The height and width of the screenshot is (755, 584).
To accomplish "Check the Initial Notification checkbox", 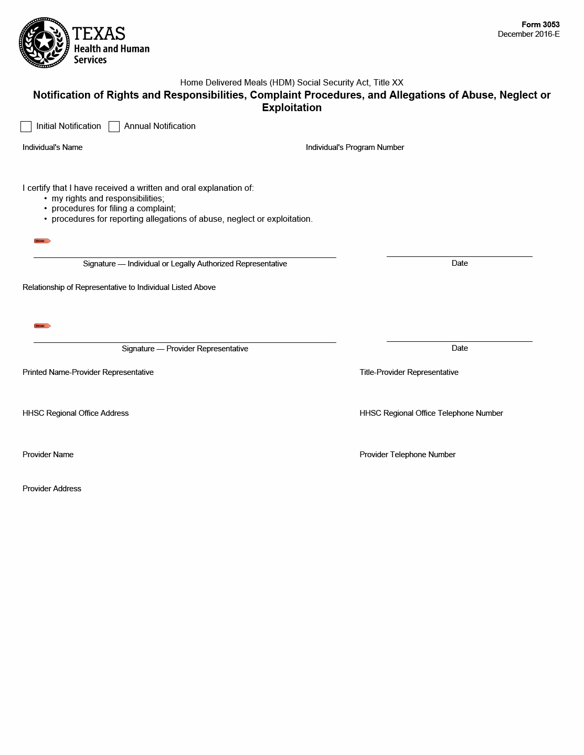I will (x=26, y=126).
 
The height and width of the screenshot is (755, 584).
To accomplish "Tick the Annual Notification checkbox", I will (x=114, y=126).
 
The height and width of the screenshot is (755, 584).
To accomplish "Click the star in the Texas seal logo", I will (x=44, y=42).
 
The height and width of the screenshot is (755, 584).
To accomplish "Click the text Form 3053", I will (x=540, y=25).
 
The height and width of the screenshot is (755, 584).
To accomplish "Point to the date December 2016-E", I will (x=528, y=34).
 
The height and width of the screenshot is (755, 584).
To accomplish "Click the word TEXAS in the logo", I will (x=99, y=34).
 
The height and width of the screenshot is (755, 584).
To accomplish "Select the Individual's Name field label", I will (x=52, y=147).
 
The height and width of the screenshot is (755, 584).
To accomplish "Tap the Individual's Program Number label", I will (x=355, y=147).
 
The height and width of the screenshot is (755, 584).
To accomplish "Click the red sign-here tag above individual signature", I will (x=42, y=241).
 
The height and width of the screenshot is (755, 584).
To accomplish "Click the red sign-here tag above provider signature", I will (x=42, y=326).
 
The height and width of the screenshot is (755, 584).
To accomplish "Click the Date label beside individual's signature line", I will (x=460, y=263).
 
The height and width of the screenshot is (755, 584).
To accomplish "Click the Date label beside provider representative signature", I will (x=460, y=348).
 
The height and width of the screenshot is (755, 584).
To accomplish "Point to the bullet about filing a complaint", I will (x=113, y=209).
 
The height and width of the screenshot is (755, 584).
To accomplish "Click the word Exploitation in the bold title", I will (x=292, y=107).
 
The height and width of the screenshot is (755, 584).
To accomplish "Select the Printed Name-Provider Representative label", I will (x=88, y=372).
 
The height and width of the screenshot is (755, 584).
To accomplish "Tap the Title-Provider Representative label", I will (x=409, y=372).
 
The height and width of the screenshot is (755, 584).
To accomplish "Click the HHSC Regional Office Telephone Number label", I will (x=431, y=413).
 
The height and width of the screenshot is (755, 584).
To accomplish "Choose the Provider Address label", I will (x=52, y=489).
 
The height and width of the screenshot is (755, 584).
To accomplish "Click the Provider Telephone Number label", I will (x=407, y=455).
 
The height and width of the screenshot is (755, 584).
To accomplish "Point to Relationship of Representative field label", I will (x=119, y=287).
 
